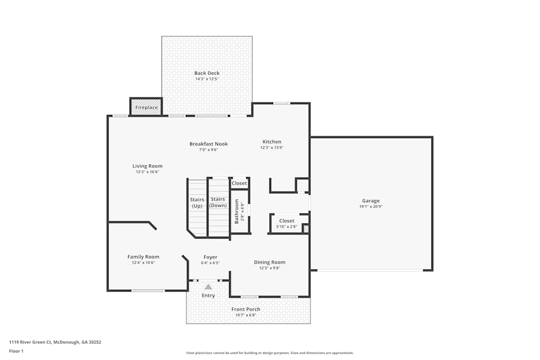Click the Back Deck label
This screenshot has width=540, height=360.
click(207, 73)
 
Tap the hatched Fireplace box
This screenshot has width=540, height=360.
click(146, 107)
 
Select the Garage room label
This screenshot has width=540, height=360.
click(370, 200)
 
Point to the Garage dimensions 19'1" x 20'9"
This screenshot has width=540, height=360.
click(370, 206)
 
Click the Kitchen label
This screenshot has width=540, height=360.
click(272, 142)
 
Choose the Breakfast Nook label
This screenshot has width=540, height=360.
click(208, 144)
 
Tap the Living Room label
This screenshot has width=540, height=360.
click(147, 166)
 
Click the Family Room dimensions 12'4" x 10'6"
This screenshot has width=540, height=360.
click(143, 263)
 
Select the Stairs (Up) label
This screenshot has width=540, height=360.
click(197, 203)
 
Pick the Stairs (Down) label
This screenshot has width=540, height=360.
click(218, 202)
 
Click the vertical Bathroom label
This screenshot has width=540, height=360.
click(237, 212)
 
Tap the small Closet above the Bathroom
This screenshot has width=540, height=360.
click(239, 183)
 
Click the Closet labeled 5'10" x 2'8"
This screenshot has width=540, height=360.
click(287, 221)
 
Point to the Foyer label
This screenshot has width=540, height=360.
click(210, 257)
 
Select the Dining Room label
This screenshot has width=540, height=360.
click(269, 262)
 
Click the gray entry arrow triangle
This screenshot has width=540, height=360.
click(208, 287)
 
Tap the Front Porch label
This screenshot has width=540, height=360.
click(246, 309)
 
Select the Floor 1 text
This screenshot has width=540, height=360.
click(16, 351)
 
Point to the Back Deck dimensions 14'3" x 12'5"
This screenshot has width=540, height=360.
click(207, 79)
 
